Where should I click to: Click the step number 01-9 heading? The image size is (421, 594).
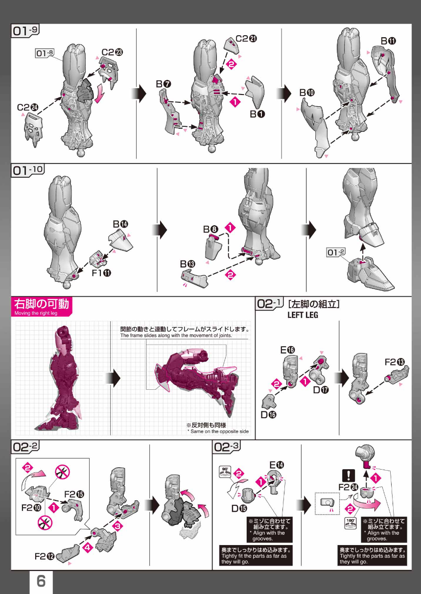(x=25, y=30)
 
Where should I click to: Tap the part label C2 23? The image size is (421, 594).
(x=112, y=52)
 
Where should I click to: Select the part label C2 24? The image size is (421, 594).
(x=27, y=107)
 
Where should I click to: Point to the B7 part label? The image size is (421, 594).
(x=164, y=84)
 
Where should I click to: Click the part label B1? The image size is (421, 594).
(x=257, y=114)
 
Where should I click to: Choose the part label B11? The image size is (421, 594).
(x=388, y=41)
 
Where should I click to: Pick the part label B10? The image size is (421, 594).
(x=307, y=93)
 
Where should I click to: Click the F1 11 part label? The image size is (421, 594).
(x=101, y=273)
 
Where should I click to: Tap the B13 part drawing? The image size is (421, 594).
(x=194, y=278)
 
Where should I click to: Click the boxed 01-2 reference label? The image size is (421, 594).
(x=336, y=252)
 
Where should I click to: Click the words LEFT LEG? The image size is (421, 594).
(x=303, y=315)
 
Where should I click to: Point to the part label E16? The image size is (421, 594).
(x=288, y=350)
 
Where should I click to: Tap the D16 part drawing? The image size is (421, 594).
(x=269, y=402)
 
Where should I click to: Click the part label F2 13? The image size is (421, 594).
(x=395, y=362)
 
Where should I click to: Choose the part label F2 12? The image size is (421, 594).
(x=45, y=556)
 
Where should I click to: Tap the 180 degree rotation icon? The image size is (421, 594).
(x=350, y=523)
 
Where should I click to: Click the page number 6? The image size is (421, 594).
(x=41, y=581)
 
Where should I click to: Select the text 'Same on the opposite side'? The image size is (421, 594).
(x=219, y=431)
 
